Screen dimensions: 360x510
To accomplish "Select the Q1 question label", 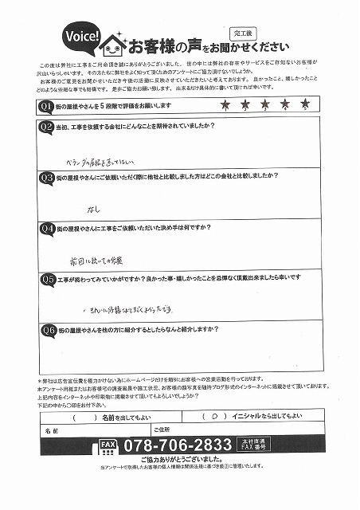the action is pos(45,105).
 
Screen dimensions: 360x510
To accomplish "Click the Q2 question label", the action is pos(45,127).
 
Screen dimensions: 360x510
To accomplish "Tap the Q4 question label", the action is pos(45,229).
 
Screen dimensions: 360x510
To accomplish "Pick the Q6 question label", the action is pos(45,328).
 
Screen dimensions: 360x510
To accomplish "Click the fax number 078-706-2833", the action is pos(177,446).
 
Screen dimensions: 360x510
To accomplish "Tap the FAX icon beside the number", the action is pos(108,447).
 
